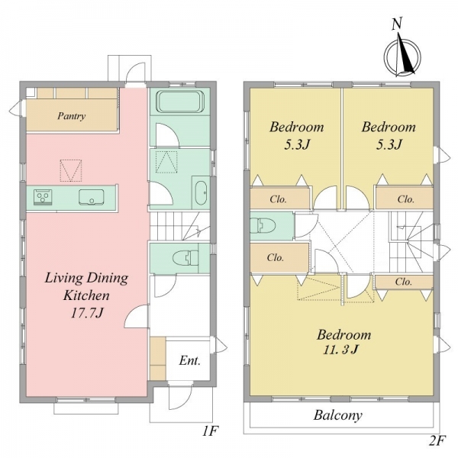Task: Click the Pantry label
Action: coord(72,116)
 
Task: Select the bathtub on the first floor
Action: coord(180,102)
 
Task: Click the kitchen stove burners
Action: coord(43,197)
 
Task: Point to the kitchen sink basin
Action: coord(91,197)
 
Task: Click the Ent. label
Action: coord(190,361)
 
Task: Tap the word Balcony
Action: coord(338,415)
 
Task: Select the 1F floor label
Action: coord(211,431)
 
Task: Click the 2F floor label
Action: coord(437,441)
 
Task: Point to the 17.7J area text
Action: coord(87,314)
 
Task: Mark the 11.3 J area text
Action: coord(340,350)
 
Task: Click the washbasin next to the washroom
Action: coord(201,193)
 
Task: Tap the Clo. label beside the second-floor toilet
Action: coord(276,258)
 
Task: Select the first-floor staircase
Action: coord(180,227)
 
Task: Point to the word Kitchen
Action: coord(86,295)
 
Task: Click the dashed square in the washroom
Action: coord(166,162)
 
